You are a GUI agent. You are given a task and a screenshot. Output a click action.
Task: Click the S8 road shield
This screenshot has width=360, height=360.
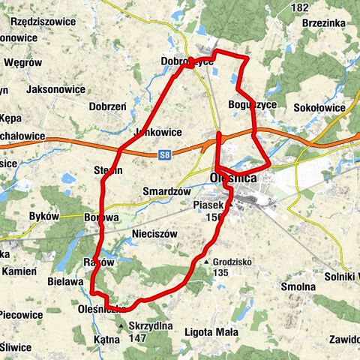tap(166, 155)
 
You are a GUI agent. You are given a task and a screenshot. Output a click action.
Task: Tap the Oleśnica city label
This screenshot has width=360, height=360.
tap(234, 178)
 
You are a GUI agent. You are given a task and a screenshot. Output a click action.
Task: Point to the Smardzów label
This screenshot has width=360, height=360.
tap(163, 191)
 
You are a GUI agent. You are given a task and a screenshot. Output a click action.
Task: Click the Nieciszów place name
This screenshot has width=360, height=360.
tap(154, 234)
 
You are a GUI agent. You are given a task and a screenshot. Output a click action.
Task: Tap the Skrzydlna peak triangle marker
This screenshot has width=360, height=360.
tap(121, 325)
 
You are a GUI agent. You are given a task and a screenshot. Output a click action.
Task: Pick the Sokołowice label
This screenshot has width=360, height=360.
tap(319, 108)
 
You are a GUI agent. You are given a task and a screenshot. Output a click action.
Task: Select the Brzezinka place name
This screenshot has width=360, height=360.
tap(324, 23)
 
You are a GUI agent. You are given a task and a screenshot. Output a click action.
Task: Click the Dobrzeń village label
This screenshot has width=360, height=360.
tap(107, 107)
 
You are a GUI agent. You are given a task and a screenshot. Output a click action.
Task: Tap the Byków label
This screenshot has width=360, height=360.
tap(43, 216)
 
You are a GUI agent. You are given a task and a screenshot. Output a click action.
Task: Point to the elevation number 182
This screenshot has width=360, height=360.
tap(300, 7)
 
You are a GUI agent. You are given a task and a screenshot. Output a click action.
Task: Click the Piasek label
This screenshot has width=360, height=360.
tap(208, 205)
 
